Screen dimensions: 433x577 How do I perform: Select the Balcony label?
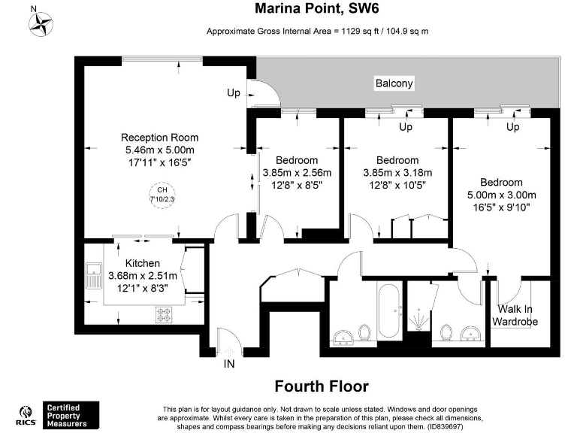(x=394, y=83)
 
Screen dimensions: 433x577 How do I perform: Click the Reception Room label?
(x=159, y=138)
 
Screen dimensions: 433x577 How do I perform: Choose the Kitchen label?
(x=142, y=263)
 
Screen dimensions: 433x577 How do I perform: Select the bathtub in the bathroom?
(x=388, y=310)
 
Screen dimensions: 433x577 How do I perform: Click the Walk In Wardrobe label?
(x=515, y=316)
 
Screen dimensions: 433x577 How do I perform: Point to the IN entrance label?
(x=229, y=365)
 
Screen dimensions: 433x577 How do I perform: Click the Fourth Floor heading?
(x=322, y=386)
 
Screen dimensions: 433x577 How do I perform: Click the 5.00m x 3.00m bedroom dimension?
(x=501, y=195)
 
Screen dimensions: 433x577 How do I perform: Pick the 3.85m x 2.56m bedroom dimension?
(x=296, y=172)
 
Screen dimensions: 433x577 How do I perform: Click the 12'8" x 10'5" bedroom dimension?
(x=397, y=184)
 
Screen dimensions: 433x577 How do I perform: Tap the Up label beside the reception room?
(x=234, y=93)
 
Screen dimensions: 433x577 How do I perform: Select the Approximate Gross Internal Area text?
(x=318, y=31)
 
